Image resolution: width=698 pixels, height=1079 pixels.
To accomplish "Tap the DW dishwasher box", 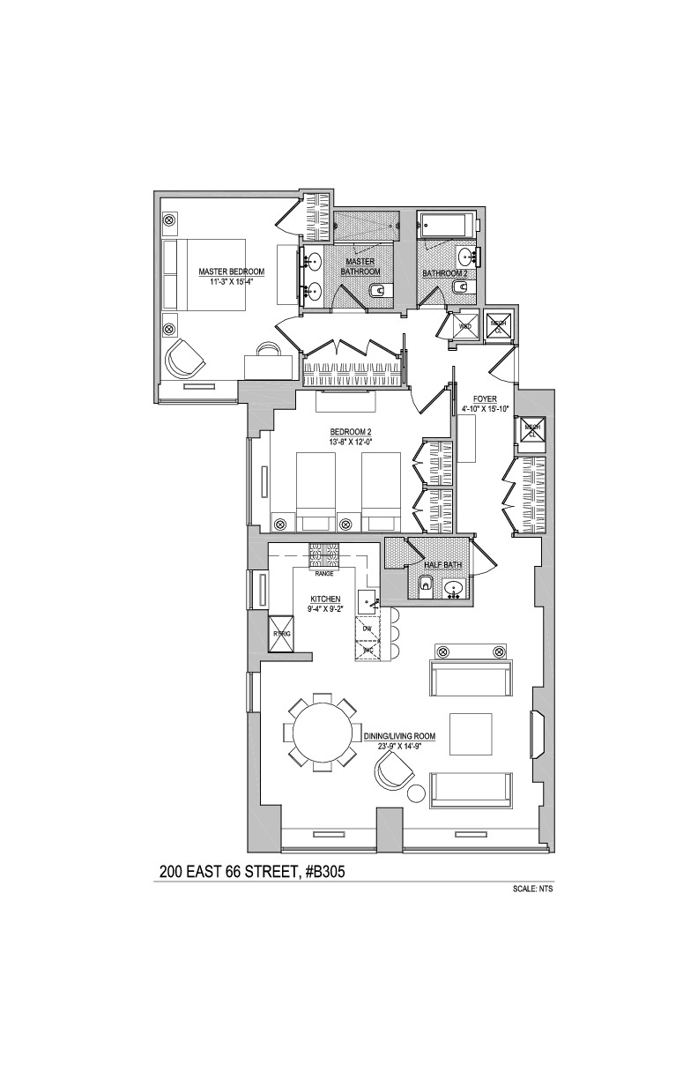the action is pos(367,629).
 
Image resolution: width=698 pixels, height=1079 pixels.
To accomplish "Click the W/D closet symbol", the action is pos(464,325).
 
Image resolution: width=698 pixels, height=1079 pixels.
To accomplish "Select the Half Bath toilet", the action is pos(425,584).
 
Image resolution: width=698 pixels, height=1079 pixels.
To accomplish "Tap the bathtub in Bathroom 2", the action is pos(446,223).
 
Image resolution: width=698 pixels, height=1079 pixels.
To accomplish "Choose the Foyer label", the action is pos(486,399).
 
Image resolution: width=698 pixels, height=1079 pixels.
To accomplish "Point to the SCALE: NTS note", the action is pos(531,889).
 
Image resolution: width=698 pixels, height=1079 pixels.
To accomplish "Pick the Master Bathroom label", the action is pos(360,267).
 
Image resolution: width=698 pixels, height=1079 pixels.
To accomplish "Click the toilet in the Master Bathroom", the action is pos(376,292).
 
